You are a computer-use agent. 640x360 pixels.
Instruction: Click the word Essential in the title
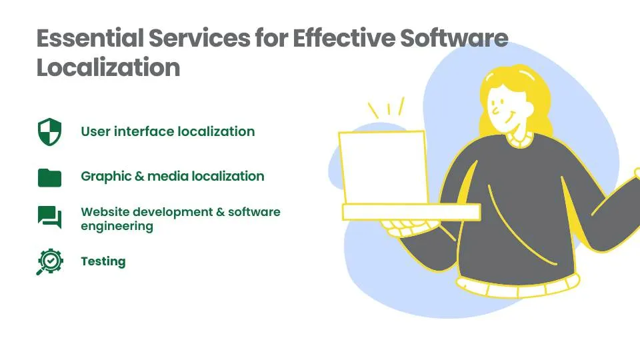pos(89,39)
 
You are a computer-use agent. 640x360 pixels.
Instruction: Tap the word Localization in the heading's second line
pos(108,68)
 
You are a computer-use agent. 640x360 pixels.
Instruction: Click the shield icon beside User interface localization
pos(49,131)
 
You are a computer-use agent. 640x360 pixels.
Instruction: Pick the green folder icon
pos(49,177)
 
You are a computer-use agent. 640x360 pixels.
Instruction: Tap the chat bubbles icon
pos(49,217)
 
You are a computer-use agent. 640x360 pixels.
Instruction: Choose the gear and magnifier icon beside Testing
pos(49,262)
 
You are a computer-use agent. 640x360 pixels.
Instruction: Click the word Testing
pos(103,261)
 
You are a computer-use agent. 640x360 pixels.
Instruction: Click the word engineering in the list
pos(117,226)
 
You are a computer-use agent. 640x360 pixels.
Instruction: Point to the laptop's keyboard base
pos(411,212)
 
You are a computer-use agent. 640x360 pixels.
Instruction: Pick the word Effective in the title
pos(347,39)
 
